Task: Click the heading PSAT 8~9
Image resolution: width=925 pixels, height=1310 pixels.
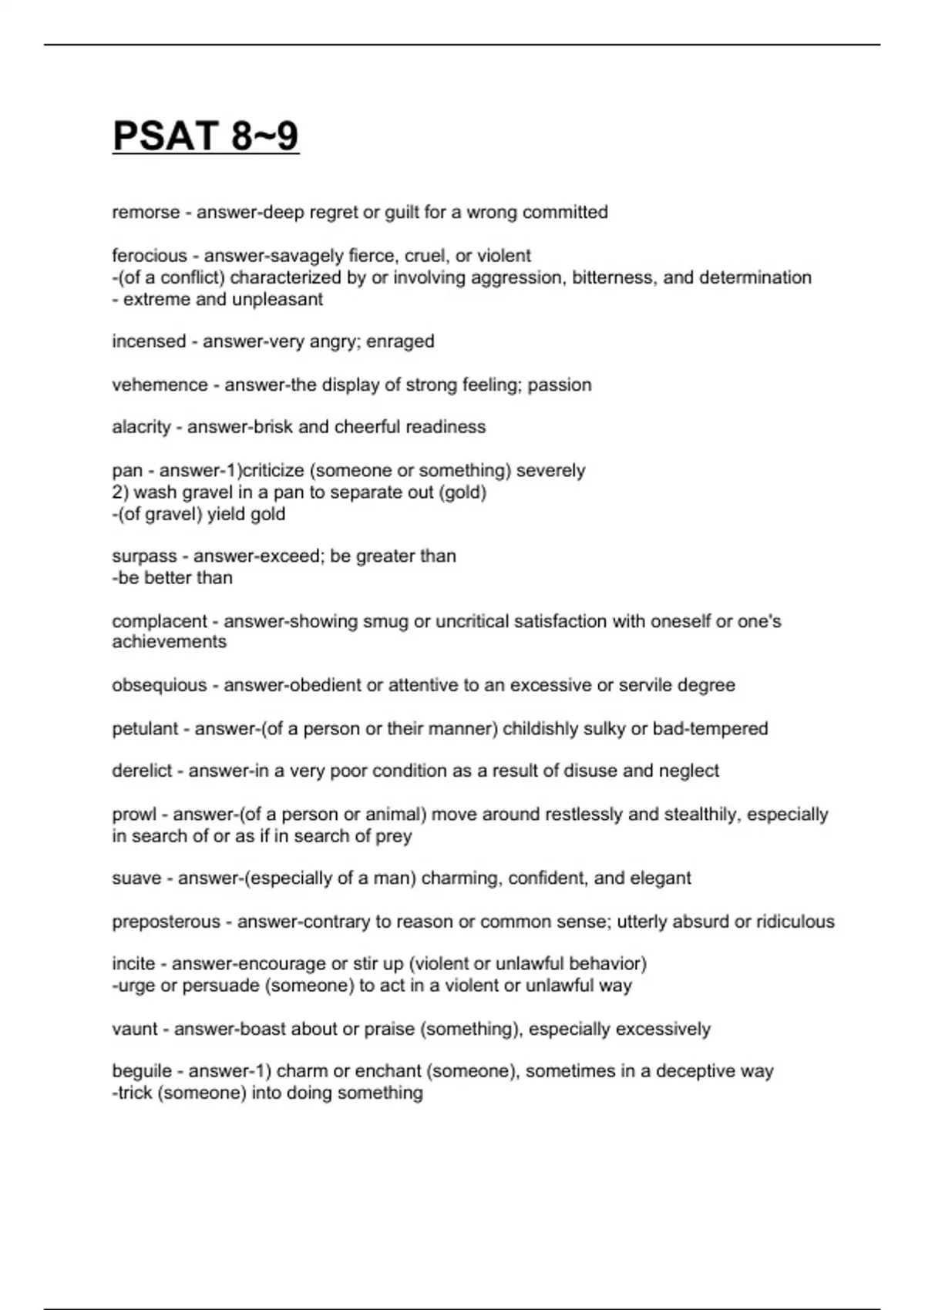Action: pyautogui.click(x=206, y=136)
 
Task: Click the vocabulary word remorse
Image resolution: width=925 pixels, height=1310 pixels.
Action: pyautogui.click(x=146, y=212)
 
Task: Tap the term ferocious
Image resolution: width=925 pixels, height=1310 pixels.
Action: pyautogui.click(x=150, y=255)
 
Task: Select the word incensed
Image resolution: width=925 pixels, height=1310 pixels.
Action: pyautogui.click(x=149, y=341)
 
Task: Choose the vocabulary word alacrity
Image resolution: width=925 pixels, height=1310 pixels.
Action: pyautogui.click(x=141, y=427)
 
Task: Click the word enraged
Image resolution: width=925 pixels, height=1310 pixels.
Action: pyautogui.click(x=400, y=341)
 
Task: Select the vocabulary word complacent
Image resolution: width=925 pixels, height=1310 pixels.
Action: pyautogui.click(x=160, y=621)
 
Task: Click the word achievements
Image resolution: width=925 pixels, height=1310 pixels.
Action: pyautogui.click(x=170, y=642)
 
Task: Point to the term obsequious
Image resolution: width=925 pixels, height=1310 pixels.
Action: pyautogui.click(x=160, y=685)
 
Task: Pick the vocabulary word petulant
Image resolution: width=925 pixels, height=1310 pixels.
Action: pyautogui.click(x=145, y=729)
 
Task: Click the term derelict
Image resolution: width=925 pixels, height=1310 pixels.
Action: pyautogui.click(x=142, y=771)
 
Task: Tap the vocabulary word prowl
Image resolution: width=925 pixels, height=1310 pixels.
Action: pyautogui.click(x=134, y=815)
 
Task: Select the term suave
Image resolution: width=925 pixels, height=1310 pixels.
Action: pyautogui.click(x=136, y=878)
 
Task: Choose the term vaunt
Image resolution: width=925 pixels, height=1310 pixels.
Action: pyautogui.click(x=135, y=1029)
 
